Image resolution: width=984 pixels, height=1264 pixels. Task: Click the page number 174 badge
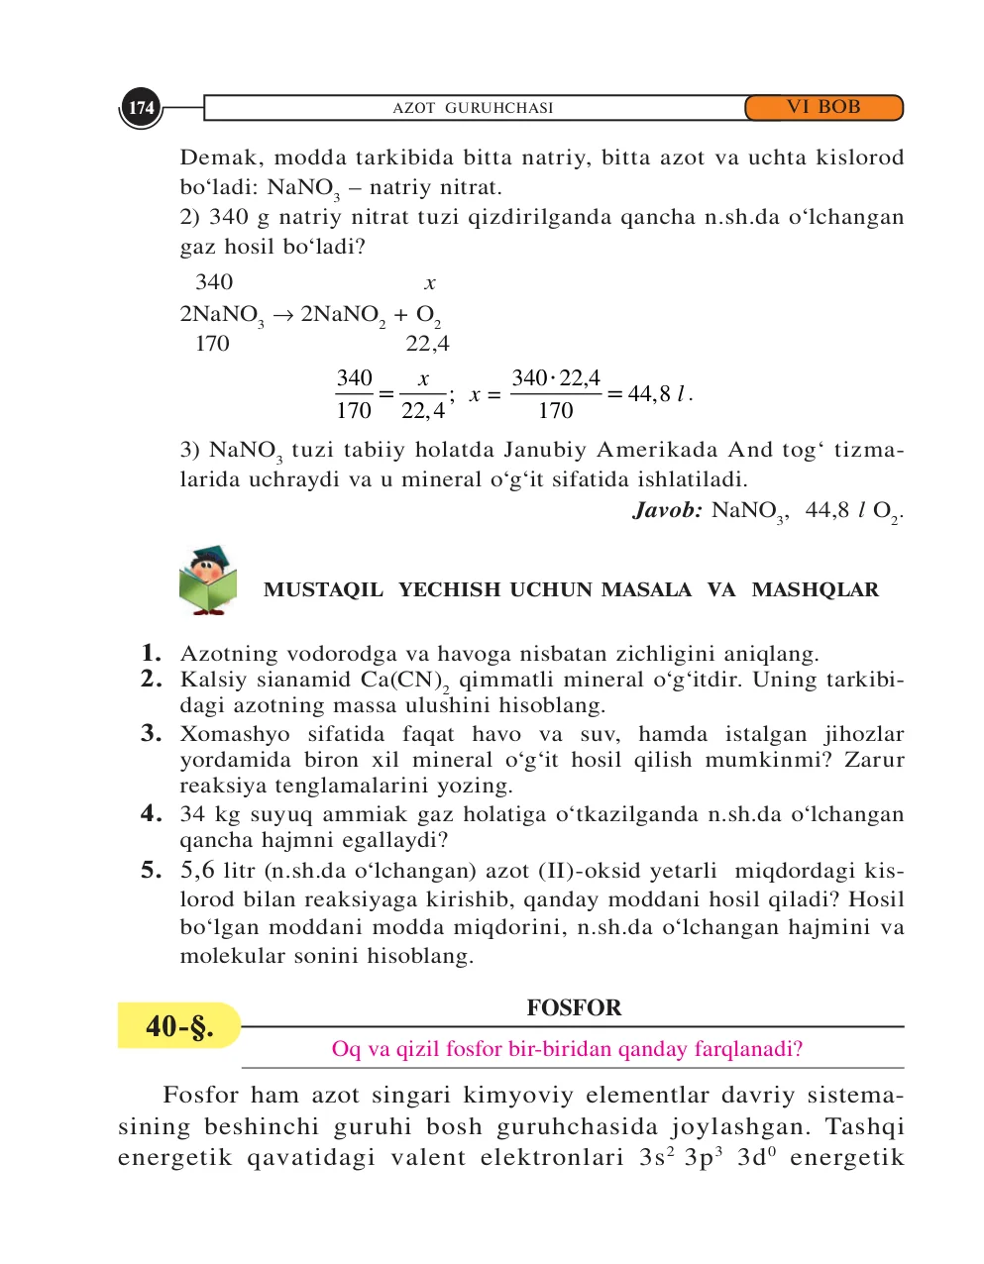click(x=141, y=108)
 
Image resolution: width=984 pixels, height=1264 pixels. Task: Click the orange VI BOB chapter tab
click(x=823, y=107)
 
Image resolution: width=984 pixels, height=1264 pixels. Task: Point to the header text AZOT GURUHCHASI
click(x=473, y=108)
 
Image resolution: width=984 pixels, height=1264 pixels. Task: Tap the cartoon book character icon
click(x=207, y=580)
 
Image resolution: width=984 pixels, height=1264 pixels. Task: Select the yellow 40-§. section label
click(x=179, y=1025)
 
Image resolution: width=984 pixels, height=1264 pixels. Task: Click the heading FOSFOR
click(x=574, y=1007)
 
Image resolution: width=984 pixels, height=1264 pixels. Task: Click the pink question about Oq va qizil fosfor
click(x=567, y=1049)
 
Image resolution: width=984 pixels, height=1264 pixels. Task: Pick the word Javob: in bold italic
click(x=668, y=510)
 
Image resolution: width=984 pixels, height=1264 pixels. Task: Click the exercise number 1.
click(x=151, y=653)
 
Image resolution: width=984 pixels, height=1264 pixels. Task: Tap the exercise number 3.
click(x=151, y=733)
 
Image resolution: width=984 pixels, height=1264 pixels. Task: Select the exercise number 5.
click(x=151, y=870)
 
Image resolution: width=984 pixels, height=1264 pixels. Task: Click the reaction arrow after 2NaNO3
click(x=283, y=315)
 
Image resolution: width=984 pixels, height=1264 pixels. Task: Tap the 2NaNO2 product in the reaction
click(x=343, y=315)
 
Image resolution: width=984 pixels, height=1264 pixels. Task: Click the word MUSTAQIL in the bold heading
click(x=323, y=590)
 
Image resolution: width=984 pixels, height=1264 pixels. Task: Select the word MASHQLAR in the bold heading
click(x=815, y=590)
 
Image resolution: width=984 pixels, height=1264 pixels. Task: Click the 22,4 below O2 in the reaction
click(x=427, y=344)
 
